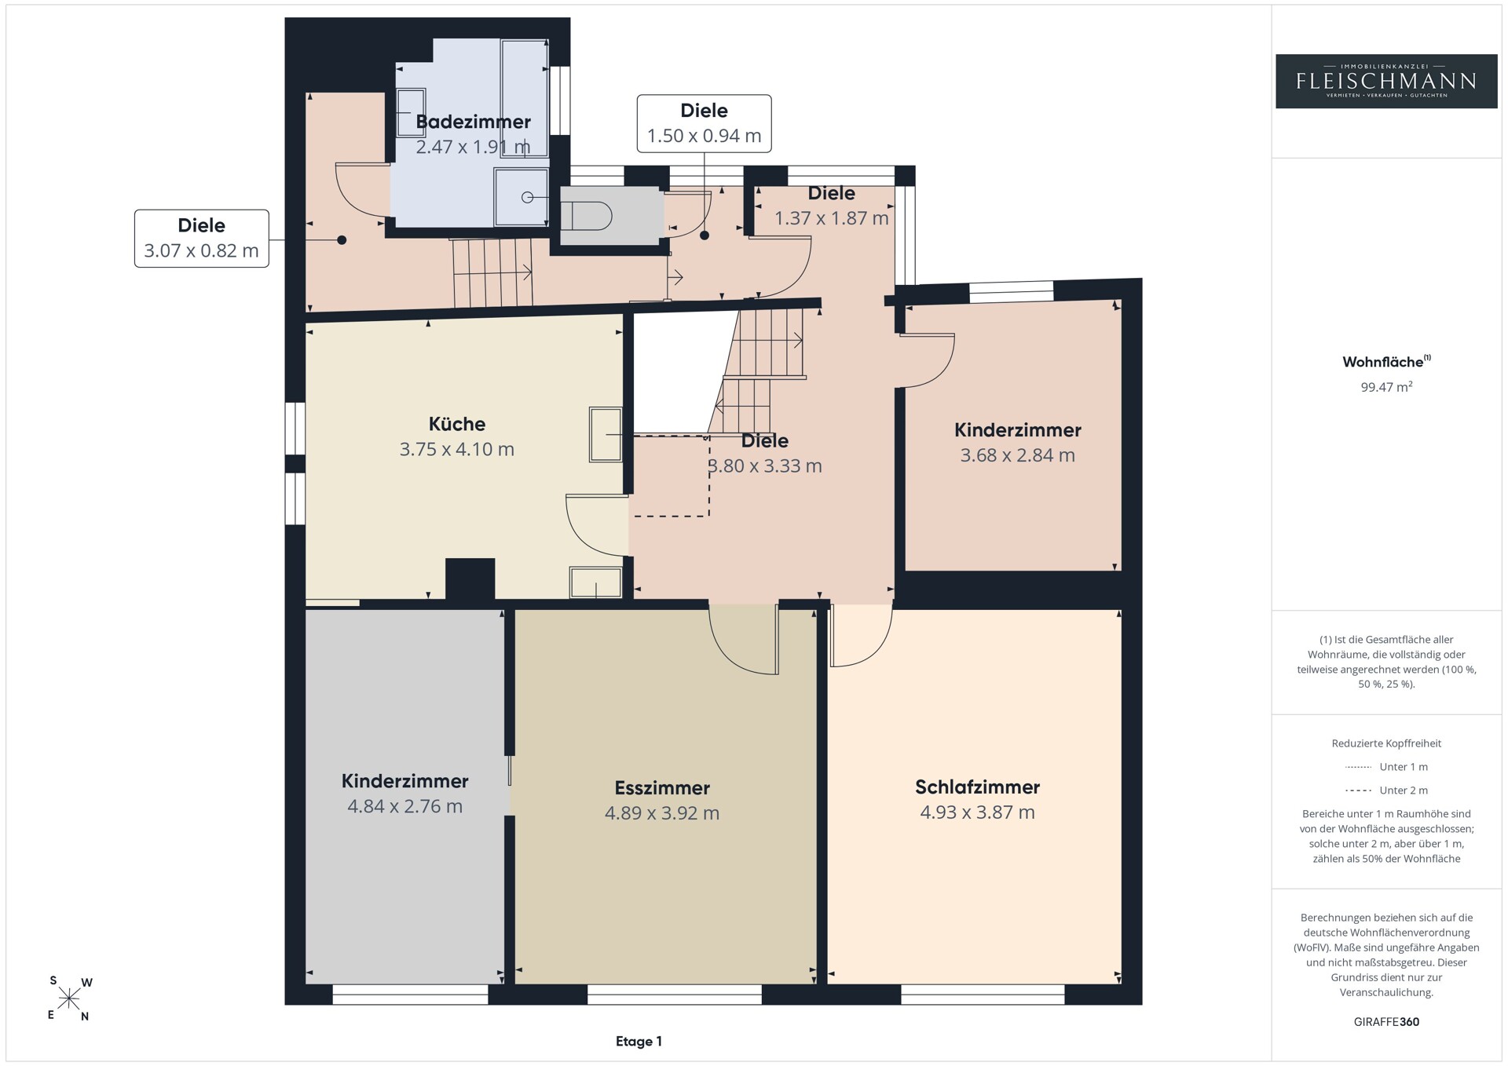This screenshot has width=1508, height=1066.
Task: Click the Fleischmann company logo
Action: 1386,81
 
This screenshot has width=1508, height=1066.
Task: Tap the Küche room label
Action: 457,424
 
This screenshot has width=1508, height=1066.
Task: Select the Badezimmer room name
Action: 473,122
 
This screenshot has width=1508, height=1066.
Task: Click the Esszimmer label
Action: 662,787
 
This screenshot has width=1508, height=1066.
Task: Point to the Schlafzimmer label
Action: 977,787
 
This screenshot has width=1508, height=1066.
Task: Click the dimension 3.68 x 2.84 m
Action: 1017,455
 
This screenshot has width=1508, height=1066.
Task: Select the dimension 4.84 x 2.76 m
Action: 404,806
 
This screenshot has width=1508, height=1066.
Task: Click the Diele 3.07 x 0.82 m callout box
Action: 202,239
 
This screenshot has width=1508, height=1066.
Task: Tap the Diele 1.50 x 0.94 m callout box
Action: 704,123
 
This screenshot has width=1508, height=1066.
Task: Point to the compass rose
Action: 69,998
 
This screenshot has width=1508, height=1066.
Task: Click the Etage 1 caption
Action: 639,1042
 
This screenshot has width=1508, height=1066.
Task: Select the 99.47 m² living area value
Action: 1386,386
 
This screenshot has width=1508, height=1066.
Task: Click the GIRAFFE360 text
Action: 1386,1022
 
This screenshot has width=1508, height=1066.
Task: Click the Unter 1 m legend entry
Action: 1386,767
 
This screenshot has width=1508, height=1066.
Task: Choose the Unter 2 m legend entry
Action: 1386,790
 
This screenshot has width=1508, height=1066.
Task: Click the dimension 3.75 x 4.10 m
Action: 457,450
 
